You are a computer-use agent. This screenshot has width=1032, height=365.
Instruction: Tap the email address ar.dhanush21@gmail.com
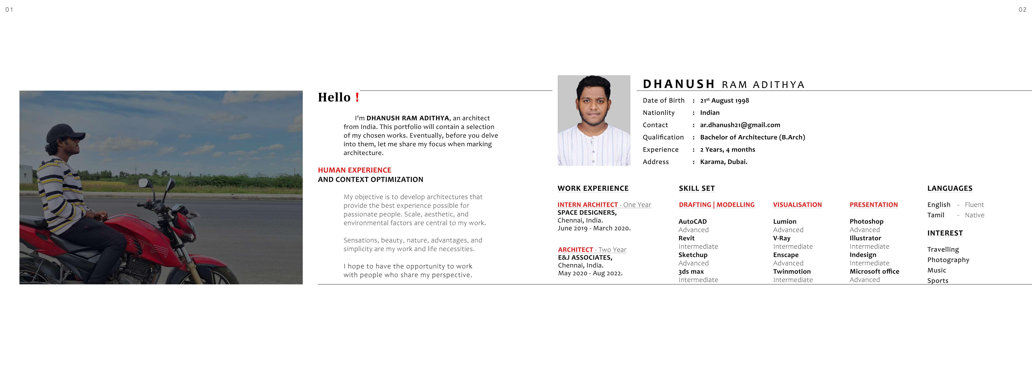pos(740,125)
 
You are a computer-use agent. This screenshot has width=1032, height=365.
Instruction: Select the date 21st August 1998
pos(724,101)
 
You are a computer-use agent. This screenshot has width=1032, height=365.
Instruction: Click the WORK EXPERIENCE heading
pos(593,188)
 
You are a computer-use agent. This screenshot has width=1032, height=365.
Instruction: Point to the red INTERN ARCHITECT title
pos(587,205)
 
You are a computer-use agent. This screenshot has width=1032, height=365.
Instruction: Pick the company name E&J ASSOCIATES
pos(585,258)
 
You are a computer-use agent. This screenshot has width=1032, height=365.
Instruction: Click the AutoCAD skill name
pos(692,222)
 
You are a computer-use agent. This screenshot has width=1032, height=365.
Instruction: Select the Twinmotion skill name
pos(792,272)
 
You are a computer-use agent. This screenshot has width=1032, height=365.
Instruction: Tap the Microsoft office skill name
pos(874,272)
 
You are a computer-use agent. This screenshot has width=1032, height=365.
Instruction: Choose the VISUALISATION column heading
pos(797,205)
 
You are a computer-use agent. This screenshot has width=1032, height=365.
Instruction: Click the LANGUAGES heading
pos(949,188)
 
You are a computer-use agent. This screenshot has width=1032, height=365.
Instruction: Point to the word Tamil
pos(935,215)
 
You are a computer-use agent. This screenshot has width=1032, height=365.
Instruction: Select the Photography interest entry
pos(948,260)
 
